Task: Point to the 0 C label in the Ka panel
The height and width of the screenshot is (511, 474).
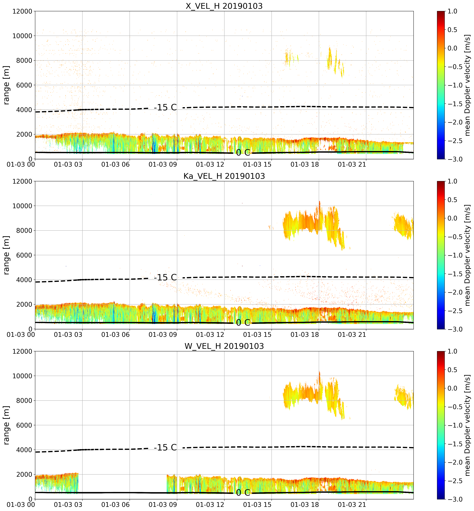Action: (x=243, y=323)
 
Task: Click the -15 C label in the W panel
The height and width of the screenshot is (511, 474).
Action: (x=165, y=448)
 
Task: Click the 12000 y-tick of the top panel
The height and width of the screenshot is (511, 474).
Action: (x=22, y=11)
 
